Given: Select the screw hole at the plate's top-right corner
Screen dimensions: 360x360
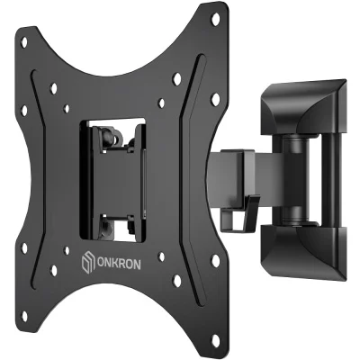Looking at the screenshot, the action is tap(215, 20).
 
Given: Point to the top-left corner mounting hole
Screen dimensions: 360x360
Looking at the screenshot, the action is tap(24, 42).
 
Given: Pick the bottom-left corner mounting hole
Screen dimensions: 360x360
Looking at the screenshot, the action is tap(24, 316).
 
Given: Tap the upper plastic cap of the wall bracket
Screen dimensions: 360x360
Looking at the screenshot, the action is tap(303, 106).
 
